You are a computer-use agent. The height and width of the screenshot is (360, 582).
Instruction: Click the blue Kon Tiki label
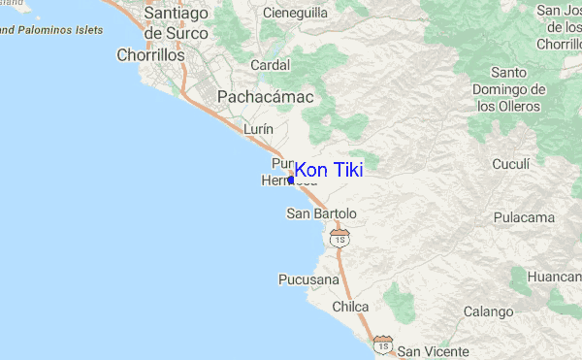[x=329, y=170]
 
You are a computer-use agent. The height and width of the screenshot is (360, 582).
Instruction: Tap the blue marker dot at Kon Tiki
[x=291, y=180]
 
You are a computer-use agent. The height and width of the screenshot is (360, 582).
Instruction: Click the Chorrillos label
[x=150, y=55]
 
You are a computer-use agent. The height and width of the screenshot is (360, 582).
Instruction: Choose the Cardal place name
[x=270, y=65]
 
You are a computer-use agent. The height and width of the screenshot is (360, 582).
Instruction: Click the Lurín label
[x=259, y=128]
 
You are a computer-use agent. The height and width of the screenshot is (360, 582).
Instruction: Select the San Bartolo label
[x=322, y=213]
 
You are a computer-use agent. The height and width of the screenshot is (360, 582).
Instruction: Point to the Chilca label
[x=350, y=307]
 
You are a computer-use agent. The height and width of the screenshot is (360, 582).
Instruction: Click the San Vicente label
[x=434, y=351]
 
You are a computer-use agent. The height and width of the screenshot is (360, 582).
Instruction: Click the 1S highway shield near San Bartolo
[x=339, y=238]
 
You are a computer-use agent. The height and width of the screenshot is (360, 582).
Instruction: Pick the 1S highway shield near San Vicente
[x=384, y=344]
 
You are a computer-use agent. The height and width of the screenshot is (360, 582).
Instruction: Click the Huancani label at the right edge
[x=554, y=277]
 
